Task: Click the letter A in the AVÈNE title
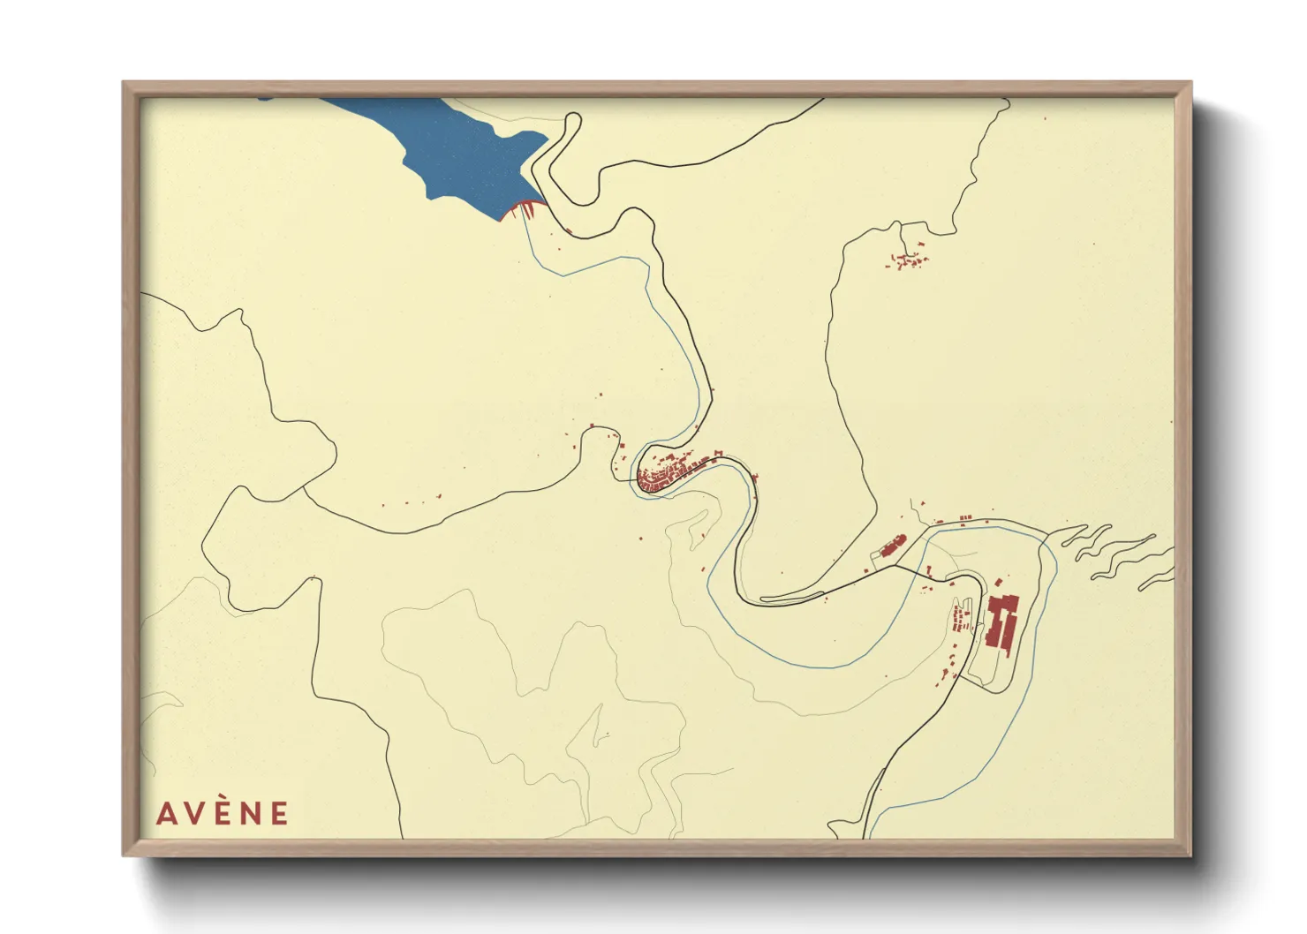coord(166,813)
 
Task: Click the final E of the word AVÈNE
coord(279,813)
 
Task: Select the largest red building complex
coord(1001,622)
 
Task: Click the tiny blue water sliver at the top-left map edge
coord(266,99)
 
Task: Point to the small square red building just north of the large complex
coord(999,583)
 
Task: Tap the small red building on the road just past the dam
coord(570,231)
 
